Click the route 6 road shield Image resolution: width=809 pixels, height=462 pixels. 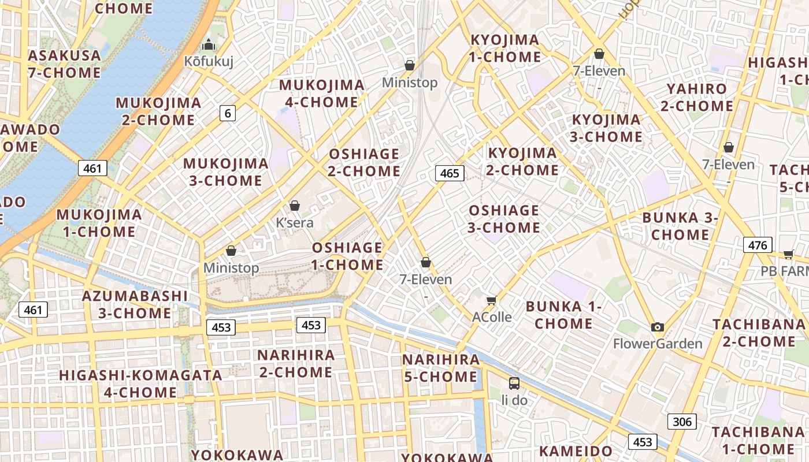click(x=228, y=113)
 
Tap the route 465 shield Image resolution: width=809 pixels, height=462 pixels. click(x=449, y=173)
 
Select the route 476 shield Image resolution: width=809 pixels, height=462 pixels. click(x=757, y=245)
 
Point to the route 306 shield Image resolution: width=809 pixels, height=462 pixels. click(x=682, y=422)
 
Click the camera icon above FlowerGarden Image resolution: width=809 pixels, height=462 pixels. click(x=657, y=327)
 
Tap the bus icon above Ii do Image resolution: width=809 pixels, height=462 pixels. click(x=514, y=383)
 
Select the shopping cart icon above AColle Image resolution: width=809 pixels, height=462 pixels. click(x=492, y=300)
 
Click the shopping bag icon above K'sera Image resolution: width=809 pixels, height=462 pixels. click(x=295, y=206)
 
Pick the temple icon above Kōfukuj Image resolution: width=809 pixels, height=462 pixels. click(x=208, y=44)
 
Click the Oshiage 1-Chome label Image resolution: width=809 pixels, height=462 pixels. click(x=347, y=256)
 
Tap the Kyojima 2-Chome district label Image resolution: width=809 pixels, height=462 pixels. click(x=523, y=162)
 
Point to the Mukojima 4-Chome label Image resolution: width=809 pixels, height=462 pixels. click(x=322, y=94)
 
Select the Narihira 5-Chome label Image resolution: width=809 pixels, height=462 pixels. click(x=440, y=368)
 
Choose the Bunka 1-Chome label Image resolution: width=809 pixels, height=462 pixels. click(x=563, y=315)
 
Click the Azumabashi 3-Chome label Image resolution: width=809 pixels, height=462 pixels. click(x=135, y=304)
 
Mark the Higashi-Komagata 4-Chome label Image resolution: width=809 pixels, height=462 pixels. click(x=140, y=383)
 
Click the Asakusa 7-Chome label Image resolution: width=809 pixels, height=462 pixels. click(x=64, y=64)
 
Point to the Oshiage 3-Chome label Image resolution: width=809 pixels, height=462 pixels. click(x=503, y=219)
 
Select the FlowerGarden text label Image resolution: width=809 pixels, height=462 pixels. click(x=657, y=344)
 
